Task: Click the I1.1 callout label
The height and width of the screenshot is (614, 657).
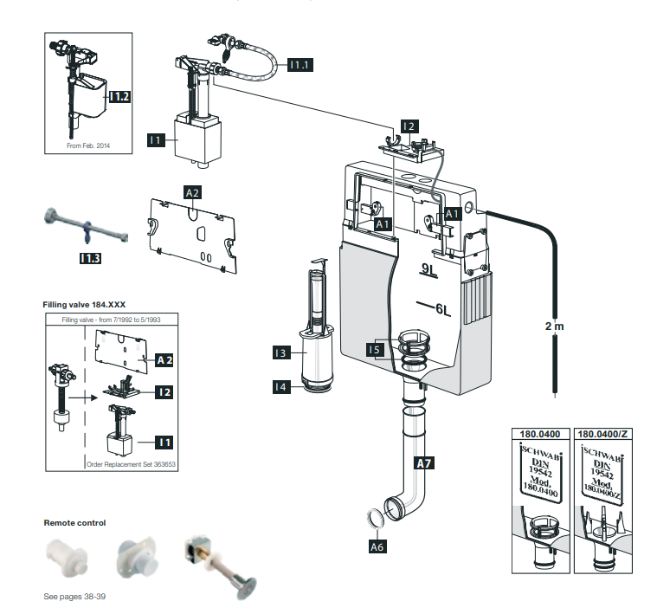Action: click(x=300, y=65)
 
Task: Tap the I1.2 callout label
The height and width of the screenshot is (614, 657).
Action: click(x=118, y=98)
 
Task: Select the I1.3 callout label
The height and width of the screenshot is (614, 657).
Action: click(x=89, y=257)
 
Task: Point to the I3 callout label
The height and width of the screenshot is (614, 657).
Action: click(x=280, y=352)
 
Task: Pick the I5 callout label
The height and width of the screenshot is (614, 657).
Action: click(x=373, y=349)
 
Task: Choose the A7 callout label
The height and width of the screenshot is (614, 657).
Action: click(x=424, y=463)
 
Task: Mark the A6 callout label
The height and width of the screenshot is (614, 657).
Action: click(x=377, y=546)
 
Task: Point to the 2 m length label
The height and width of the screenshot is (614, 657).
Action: click(x=554, y=326)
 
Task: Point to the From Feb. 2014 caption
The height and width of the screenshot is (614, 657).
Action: click(x=88, y=146)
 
